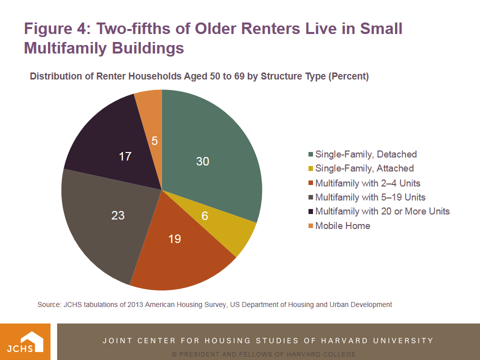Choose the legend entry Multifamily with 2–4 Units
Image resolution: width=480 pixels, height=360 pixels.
point(367,183)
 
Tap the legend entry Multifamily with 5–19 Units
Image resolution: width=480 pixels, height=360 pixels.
point(370,197)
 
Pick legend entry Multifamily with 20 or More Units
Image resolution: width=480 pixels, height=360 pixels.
point(382,211)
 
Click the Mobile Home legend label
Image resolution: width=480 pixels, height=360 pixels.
point(343,225)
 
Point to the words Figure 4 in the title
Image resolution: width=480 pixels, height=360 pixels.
point(56,28)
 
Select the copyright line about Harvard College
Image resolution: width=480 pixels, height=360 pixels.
point(263,354)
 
